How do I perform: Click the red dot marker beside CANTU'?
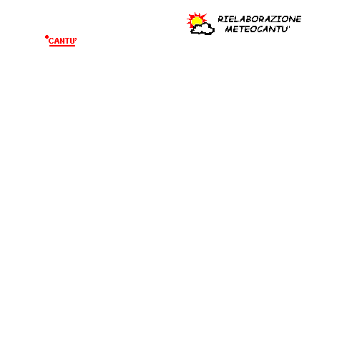pyautogui.click(x=47, y=37)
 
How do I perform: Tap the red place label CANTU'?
pyautogui.click(x=62, y=41)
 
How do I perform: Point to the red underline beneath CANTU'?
pyautogui.click(x=62, y=46)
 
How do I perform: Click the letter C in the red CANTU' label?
pyautogui.click(x=51, y=42)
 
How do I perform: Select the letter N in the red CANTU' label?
pyautogui.click(x=62, y=42)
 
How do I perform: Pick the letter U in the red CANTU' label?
pyautogui.click(x=72, y=42)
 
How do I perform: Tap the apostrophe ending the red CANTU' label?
pyautogui.click(x=76, y=39)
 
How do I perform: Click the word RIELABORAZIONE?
pyautogui.click(x=260, y=19)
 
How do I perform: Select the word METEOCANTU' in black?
pyautogui.click(x=258, y=29)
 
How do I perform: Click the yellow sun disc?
pyautogui.click(x=197, y=21)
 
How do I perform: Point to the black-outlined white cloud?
pyautogui.click(x=202, y=29)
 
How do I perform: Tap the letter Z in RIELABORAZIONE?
pyautogui.click(x=273, y=19)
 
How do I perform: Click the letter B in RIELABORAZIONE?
pyautogui.click(x=248, y=19)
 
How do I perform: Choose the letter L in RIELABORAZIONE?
pyautogui.click(x=236, y=19)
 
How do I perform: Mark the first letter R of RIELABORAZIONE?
pyautogui.click(x=221, y=19)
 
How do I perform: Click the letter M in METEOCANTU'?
pyautogui.click(x=229, y=29)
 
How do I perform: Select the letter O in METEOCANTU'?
pyautogui.click(x=254, y=29)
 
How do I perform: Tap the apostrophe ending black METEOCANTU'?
pyautogui.click(x=289, y=27)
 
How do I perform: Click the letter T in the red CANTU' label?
pyautogui.click(x=67, y=42)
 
